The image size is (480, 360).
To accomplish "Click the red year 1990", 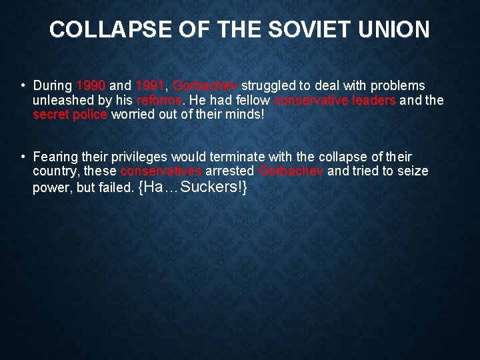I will tap(91, 86).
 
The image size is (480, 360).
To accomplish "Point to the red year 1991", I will tap(150, 86).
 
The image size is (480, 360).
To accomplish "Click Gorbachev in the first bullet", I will tap(205, 86).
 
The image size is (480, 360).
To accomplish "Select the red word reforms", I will tap(159, 101).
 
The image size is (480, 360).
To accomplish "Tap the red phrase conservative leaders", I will tap(335, 101).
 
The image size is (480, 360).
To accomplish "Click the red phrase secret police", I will tap(70, 115).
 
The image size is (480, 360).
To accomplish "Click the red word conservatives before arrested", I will tap(161, 171).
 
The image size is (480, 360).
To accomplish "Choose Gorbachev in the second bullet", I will tap(291, 171).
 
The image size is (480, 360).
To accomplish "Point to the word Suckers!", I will tap(214, 187).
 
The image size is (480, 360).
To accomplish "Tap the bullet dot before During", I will tap(23, 86).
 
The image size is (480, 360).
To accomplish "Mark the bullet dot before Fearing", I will tap(23, 157).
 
